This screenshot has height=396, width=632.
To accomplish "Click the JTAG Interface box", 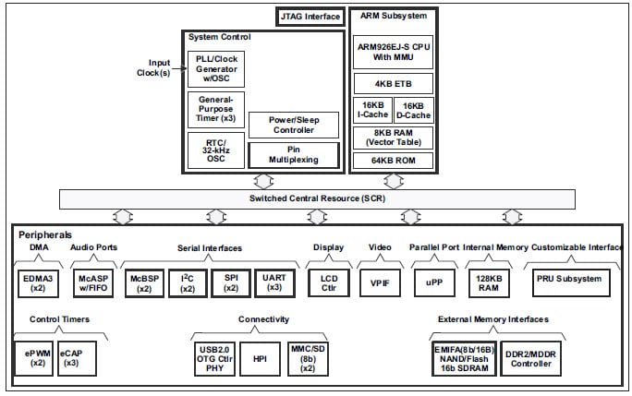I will [x=310, y=17].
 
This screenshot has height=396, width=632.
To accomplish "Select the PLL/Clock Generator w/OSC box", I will [x=214, y=69].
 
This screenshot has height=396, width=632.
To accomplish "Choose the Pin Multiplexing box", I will [x=293, y=154].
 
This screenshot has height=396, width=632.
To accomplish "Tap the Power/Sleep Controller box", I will [x=293, y=125].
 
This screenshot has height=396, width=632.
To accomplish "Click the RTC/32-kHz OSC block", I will [x=214, y=150].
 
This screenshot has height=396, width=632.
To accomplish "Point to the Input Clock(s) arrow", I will [x=170, y=67].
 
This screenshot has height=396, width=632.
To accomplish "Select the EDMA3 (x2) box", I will [x=39, y=282].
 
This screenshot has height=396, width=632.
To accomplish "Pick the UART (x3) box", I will [x=273, y=282].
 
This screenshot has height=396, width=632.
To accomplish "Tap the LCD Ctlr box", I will [x=329, y=282].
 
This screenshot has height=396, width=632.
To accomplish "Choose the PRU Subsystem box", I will [x=569, y=279].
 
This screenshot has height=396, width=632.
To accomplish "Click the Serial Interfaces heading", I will [x=209, y=248].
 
